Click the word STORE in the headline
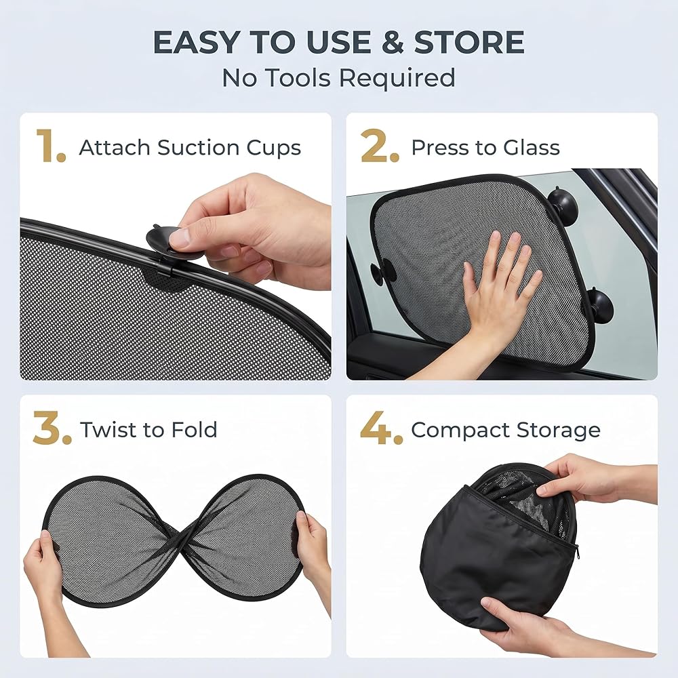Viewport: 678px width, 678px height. [x=469, y=42]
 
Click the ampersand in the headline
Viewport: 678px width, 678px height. [x=393, y=42]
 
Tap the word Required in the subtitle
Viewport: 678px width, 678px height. [x=397, y=78]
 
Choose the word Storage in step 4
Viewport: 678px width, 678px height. [x=558, y=431]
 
